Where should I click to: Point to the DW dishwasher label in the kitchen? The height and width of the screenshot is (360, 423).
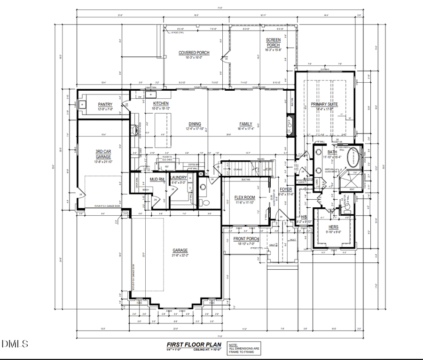coord(140,97)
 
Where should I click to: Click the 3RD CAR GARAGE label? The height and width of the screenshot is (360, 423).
coord(103,154)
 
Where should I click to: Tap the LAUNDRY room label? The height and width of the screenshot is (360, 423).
coord(179,178)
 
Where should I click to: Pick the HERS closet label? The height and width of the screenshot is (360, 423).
coord(333,227)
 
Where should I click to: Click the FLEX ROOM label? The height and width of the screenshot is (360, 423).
coord(245,197)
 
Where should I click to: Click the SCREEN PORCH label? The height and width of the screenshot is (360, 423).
coord(273,42)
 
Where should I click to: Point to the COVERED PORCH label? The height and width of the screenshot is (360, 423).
coord(194,53)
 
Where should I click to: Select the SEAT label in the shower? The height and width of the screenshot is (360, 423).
coord(352,189)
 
